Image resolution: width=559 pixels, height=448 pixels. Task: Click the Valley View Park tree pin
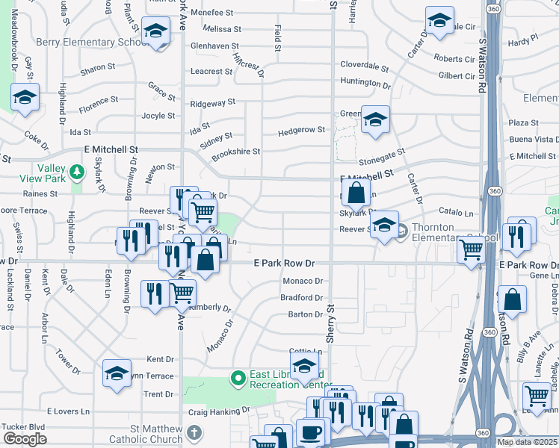coord(76,173)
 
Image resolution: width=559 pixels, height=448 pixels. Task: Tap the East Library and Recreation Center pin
coord(238,379)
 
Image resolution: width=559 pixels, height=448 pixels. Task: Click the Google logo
coord(25,440)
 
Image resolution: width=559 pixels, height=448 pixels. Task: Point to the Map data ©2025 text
coord(527,442)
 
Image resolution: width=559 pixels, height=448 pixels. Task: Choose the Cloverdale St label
coord(364,65)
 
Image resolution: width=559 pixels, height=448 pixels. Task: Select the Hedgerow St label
coord(301,130)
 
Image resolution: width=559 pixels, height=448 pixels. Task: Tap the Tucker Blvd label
coord(24,426)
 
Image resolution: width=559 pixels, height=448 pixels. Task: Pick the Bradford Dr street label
coord(301,297)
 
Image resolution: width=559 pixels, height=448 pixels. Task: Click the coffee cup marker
coord(310,432)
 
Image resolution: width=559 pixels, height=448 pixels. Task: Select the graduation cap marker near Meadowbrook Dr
coord(25,98)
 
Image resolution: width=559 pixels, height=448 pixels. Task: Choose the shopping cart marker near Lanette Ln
coord(537,396)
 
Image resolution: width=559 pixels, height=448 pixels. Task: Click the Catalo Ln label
coord(456,213)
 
